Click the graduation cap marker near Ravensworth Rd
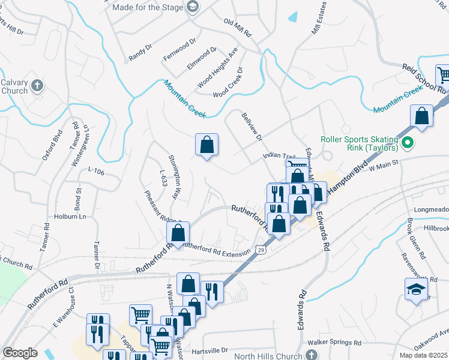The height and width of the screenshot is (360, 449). tap(416, 290)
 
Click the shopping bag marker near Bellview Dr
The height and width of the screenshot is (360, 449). tap(206, 145)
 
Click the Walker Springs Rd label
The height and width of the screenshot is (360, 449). tap(334, 343)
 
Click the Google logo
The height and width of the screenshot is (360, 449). tap(20, 353)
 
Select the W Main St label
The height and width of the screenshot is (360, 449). tap(384, 169)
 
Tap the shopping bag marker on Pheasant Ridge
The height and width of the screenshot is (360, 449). tap(178, 233)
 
